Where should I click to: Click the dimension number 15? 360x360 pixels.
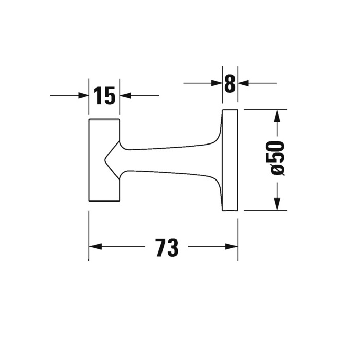point(104,96)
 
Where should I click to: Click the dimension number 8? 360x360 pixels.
point(230,83)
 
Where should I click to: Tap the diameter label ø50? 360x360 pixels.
point(277,158)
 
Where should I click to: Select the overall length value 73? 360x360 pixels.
point(167,247)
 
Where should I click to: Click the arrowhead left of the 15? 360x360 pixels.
point(83,95)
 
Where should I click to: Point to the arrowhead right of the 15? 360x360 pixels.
point(125,95)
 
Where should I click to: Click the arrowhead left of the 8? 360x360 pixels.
point(217,83)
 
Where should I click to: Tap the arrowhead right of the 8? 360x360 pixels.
point(243,83)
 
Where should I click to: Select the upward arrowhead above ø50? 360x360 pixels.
point(277,116)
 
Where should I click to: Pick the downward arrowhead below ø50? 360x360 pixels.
point(277,204)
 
